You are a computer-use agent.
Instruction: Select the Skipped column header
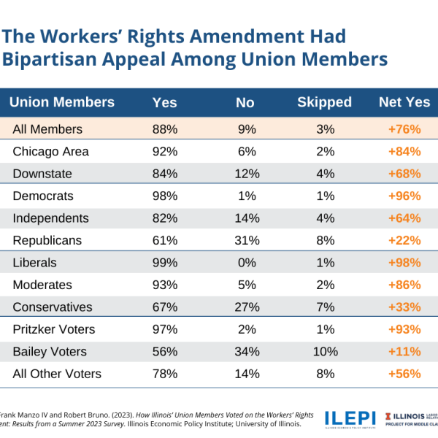tap(324, 103)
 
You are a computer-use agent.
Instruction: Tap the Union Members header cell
tap(62, 103)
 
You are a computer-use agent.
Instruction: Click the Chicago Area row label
tap(51, 152)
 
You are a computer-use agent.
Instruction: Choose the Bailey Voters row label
tap(50, 352)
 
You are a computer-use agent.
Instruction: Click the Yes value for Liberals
tap(165, 263)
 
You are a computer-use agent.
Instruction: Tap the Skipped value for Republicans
tap(325, 241)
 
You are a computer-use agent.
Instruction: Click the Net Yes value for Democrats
tap(404, 196)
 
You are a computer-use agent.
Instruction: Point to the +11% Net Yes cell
tap(404, 352)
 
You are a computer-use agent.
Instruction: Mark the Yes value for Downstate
tap(165, 174)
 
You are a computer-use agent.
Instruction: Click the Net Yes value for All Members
tap(404, 129)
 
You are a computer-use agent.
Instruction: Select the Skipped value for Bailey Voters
tap(325, 352)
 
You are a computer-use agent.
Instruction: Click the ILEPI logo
tap(350, 418)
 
